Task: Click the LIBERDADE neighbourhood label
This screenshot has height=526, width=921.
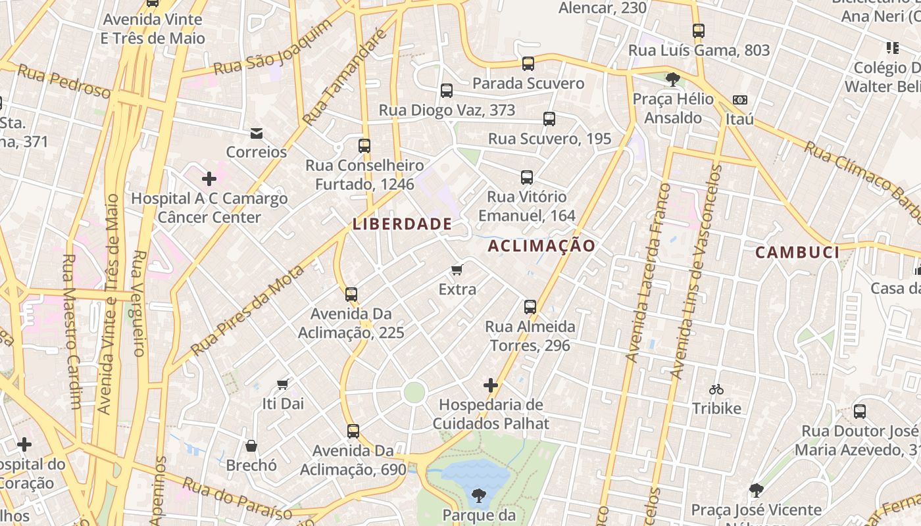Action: pyautogui.click(x=402, y=224)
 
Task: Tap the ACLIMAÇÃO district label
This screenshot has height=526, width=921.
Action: pyautogui.click(x=541, y=246)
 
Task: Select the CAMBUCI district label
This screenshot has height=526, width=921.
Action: pyautogui.click(x=797, y=252)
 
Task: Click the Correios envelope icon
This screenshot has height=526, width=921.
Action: pyautogui.click(x=257, y=134)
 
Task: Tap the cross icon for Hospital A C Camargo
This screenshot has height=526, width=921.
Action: pyautogui.click(x=209, y=178)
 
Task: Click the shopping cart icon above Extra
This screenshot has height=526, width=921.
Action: pyautogui.click(x=457, y=270)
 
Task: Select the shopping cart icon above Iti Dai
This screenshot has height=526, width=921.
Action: pyautogui.click(x=283, y=384)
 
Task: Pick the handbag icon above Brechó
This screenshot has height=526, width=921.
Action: pyautogui.click(x=251, y=446)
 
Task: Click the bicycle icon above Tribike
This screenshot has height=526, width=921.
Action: pyautogui.click(x=716, y=389)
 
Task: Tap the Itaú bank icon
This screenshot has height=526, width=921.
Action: pyautogui.click(x=739, y=100)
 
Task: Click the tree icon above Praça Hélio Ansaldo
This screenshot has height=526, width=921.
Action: pyautogui.click(x=672, y=80)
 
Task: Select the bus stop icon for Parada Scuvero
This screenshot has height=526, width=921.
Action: pyautogui.click(x=528, y=64)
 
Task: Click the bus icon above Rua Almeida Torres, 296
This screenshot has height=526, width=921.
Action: pyautogui.click(x=530, y=307)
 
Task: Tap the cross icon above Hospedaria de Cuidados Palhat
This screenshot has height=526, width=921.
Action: pyautogui.click(x=490, y=385)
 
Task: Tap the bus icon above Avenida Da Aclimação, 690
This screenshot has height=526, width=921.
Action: pyautogui.click(x=353, y=431)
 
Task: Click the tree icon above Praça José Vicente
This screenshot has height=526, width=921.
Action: pyautogui.click(x=756, y=490)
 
